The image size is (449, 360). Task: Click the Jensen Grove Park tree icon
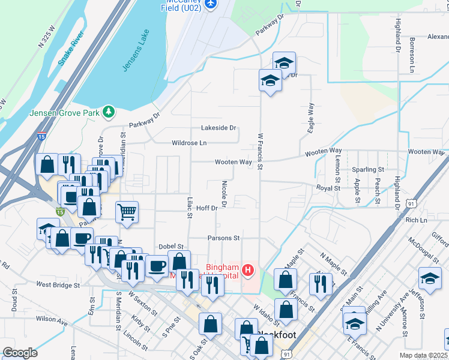point(108,112)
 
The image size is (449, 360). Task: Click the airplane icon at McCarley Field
point(210,4)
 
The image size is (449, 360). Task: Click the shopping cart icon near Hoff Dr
point(127,211)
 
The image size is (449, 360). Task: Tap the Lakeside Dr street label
point(219,128)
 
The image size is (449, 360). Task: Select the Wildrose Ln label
point(189,143)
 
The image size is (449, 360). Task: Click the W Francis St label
point(260,151)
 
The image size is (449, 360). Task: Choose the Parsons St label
point(223,238)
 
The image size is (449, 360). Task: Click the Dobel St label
point(170,247)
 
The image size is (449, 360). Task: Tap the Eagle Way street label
point(311,118)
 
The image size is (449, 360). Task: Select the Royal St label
point(328,188)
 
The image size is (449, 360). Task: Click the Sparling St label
point(367,170)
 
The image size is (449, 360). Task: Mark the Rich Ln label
point(415,220)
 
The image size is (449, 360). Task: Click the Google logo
point(20,353)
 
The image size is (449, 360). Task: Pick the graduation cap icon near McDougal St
point(430,279)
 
